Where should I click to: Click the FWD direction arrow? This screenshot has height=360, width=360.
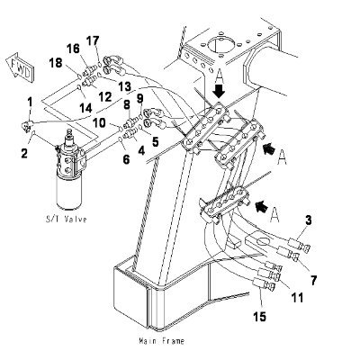21,67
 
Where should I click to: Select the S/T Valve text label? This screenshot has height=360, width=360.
67,219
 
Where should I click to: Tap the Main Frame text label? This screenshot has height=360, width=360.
162,341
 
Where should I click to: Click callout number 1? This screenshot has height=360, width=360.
30,103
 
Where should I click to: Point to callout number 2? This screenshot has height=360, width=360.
24,153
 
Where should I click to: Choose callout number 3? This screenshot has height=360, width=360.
308,220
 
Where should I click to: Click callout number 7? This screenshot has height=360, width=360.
312,281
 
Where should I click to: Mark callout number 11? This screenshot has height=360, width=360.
297,298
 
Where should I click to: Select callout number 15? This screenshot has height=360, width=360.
259,316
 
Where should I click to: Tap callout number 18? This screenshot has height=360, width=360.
56,63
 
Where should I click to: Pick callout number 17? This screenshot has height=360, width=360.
94,41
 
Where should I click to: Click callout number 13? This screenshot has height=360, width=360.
124,87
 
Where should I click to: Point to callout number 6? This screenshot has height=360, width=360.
126,159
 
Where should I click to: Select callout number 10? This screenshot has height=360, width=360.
99,122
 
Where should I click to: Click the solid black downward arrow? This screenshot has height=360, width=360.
220,91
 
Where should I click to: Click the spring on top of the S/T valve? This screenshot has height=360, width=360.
69,132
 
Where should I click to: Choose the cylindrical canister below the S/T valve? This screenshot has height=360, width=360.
69,192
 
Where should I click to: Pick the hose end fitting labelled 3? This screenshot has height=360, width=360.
299,244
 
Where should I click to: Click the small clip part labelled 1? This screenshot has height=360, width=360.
26,125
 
